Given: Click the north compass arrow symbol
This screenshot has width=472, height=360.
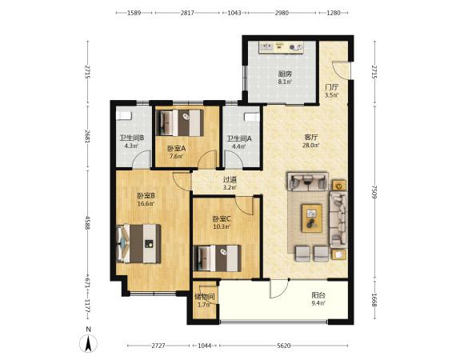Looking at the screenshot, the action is point(88,343).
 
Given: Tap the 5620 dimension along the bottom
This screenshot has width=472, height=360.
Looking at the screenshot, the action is point(283,346).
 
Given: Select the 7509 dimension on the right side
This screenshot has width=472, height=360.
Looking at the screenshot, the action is point(374,192).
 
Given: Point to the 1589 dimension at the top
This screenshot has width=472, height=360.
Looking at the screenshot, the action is point(134,13).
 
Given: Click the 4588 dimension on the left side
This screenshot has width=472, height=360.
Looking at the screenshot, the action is point(87,222).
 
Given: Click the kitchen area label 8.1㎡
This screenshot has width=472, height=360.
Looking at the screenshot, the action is point(285,82).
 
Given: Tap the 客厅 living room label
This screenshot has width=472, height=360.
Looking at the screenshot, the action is point(311,138).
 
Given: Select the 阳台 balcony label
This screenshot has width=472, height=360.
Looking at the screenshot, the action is point(318,295).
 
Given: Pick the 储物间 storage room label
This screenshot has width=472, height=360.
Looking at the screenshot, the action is point(204,297).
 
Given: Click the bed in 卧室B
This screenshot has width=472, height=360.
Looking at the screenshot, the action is point(138,243).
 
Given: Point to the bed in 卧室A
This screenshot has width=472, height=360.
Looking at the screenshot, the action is point(180,123).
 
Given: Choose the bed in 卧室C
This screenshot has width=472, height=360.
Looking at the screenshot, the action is point(218,258).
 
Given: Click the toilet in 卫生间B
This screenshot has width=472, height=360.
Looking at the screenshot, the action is point(124,115).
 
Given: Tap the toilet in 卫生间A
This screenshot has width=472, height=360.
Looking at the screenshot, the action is point(252,117).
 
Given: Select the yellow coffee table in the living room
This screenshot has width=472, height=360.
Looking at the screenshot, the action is point(312,218).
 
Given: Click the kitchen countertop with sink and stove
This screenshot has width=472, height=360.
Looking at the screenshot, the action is point(281,47).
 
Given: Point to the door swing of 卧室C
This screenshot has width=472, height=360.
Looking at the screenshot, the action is point(245,206).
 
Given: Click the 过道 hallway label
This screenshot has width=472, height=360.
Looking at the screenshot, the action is point(230,180).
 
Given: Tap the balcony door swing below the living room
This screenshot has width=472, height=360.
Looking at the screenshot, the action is point(279,289).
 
